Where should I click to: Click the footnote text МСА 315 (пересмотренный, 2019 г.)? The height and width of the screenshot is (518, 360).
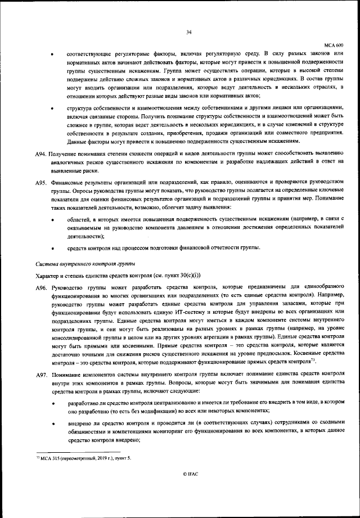click(x=76, y=459)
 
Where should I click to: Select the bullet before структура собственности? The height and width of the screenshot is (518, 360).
click(x=53, y=107)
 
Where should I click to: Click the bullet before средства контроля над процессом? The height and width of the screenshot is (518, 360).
click(x=53, y=248)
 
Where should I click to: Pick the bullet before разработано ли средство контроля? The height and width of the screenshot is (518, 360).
click(x=53, y=404)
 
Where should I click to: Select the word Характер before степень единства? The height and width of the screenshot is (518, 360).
click(x=47, y=275)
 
